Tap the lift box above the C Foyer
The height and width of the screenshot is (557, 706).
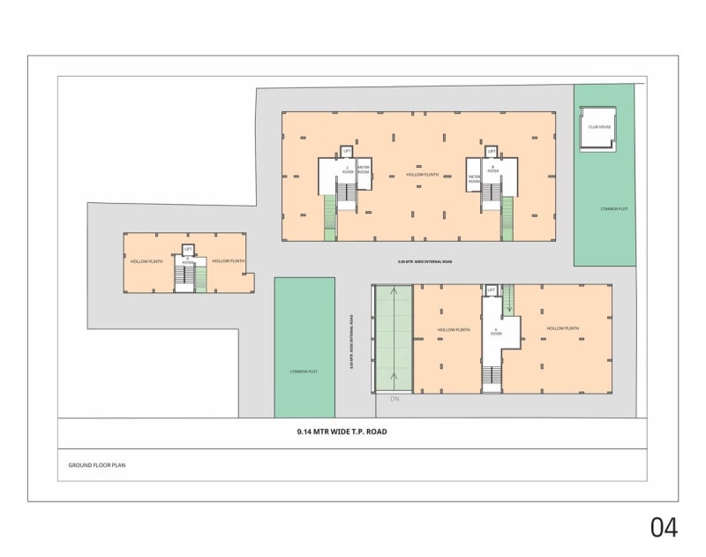click(x=347, y=152)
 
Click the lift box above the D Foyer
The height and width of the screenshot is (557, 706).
click(x=188, y=250)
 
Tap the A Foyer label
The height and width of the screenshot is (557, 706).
click(x=496, y=333)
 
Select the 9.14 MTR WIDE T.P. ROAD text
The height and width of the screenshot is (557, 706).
click(x=342, y=433)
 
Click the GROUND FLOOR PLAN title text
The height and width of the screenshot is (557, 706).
click(x=97, y=464)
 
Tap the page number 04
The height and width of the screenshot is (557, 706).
click(x=664, y=527)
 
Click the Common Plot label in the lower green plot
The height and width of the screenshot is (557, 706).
click(x=304, y=372)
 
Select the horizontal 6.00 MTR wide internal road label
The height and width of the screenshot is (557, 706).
click(x=424, y=262)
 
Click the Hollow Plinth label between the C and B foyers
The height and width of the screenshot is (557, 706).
click(x=421, y=175)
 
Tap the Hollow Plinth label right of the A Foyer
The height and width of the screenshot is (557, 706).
click(x=562, y=328)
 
